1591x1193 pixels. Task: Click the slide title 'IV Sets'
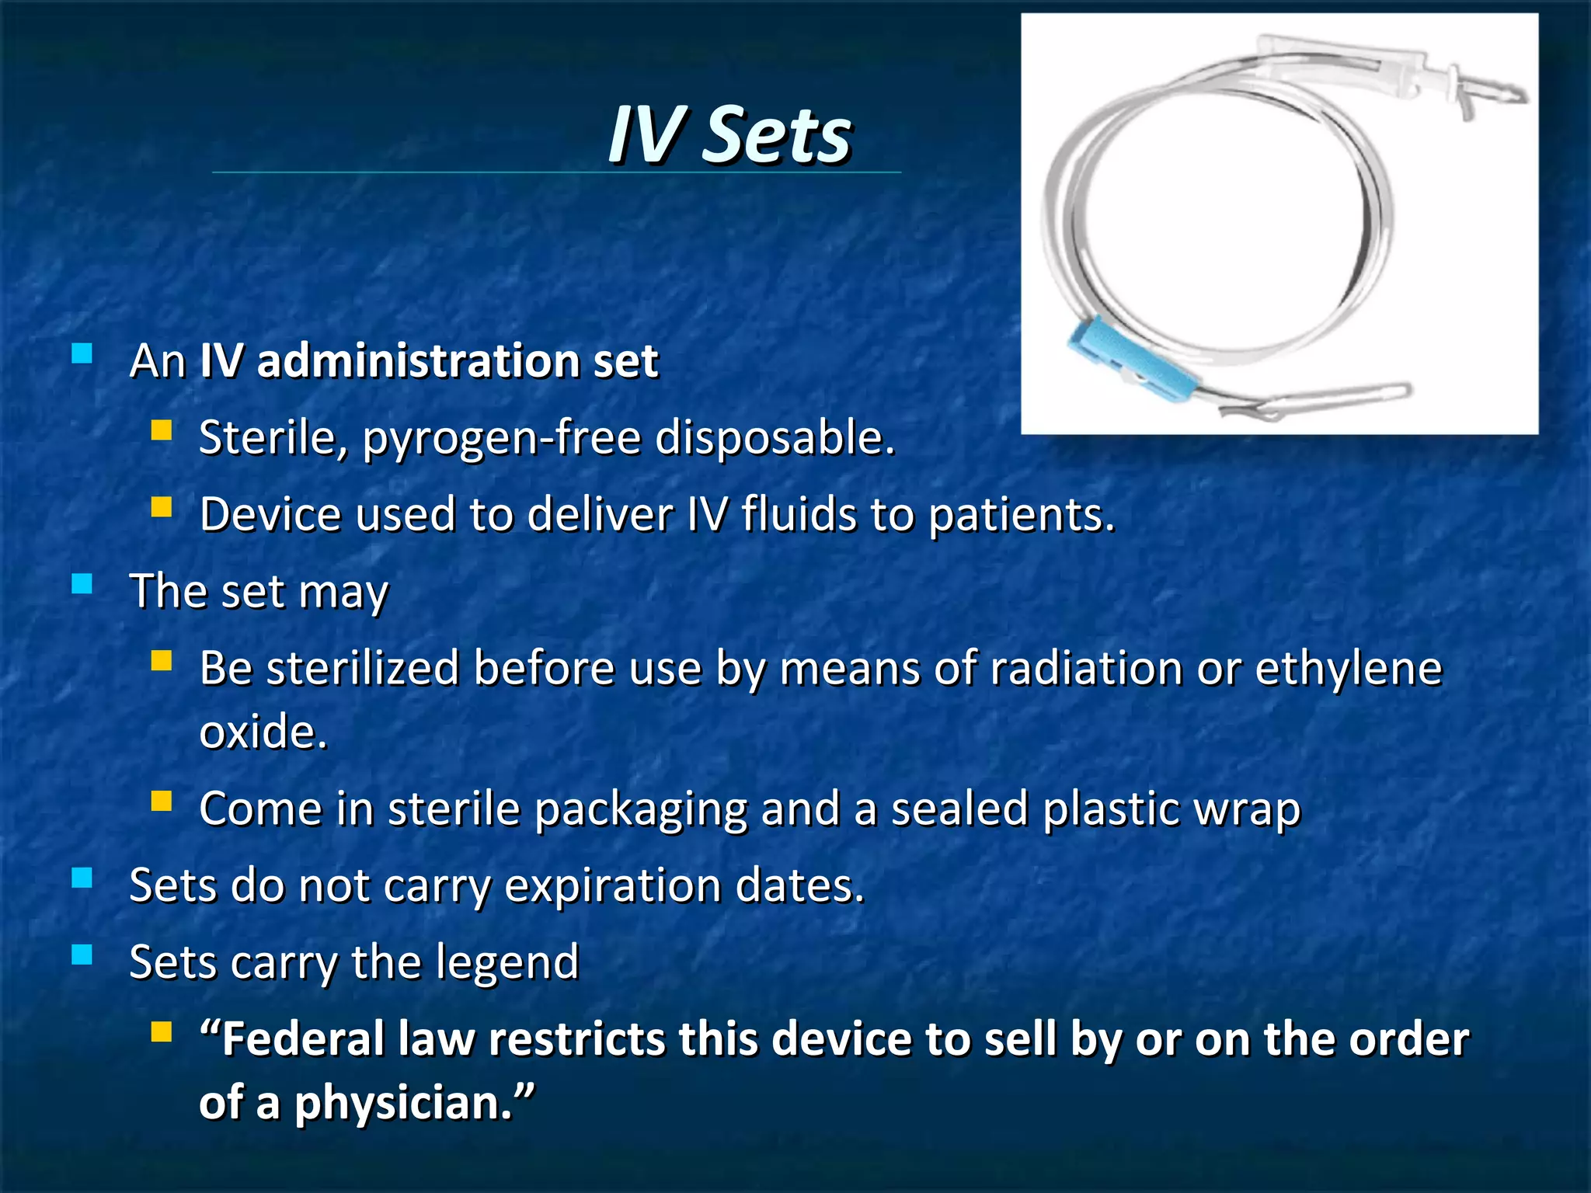point(729,135)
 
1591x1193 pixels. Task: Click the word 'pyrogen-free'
point(501,438)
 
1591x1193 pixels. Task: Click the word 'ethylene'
point(1348,668)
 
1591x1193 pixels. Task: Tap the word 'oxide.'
point(263,732)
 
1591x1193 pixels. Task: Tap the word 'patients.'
point(1022,514)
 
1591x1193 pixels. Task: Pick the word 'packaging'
point(641,809)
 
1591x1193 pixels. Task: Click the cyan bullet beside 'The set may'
point(82,584)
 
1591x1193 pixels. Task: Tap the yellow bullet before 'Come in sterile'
point(162,802)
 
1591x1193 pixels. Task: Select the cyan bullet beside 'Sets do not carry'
point(82,878)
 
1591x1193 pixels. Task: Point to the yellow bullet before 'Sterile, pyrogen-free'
point(162,430)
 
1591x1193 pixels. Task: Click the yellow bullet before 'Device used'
point(162,507)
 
